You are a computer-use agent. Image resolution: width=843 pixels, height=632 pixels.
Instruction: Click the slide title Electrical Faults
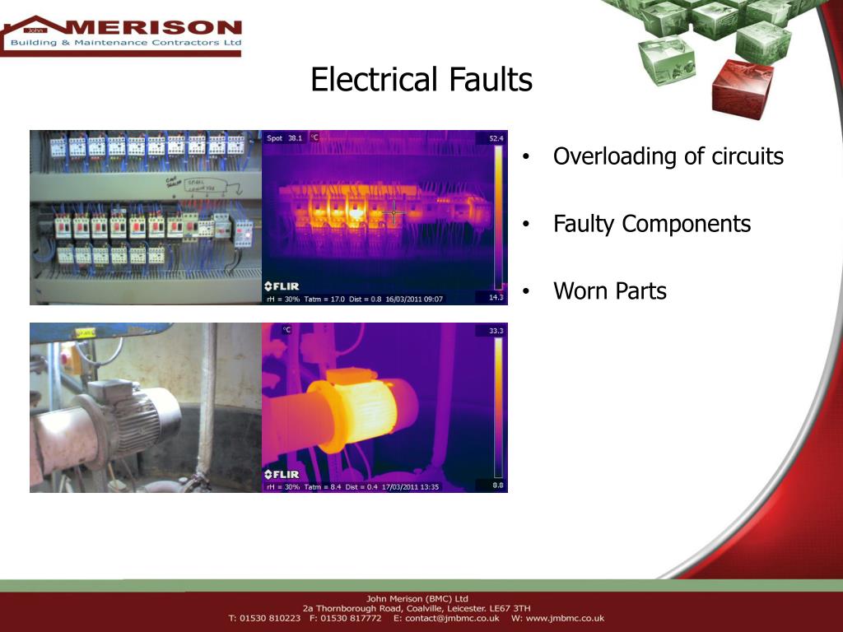click(421, 80)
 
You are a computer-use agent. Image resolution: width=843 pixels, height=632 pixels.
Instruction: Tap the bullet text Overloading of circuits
click(668, 156)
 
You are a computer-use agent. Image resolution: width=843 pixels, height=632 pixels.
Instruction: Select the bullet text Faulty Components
click(651, 224)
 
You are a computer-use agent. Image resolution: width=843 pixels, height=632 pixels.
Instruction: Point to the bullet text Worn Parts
click(609, 290)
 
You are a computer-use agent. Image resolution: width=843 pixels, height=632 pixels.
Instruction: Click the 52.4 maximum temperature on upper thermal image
click(496, 139)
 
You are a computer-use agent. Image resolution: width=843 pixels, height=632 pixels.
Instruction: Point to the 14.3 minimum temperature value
click(496, 297)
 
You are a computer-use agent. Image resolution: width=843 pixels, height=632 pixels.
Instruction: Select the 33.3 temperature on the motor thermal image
click(496, 330)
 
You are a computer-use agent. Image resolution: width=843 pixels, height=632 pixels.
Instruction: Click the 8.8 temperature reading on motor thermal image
click(498, 486)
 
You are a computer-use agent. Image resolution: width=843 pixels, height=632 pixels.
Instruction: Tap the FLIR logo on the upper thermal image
click(282, 286)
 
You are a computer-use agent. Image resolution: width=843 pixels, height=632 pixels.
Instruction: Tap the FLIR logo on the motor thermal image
click(282, 475)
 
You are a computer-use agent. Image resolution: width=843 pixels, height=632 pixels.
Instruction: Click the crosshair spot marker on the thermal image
click(394, 213)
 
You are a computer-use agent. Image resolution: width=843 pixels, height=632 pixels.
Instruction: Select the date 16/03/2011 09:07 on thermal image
click(418, 299)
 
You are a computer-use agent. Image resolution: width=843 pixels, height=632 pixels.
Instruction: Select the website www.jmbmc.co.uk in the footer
click(566, 618)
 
